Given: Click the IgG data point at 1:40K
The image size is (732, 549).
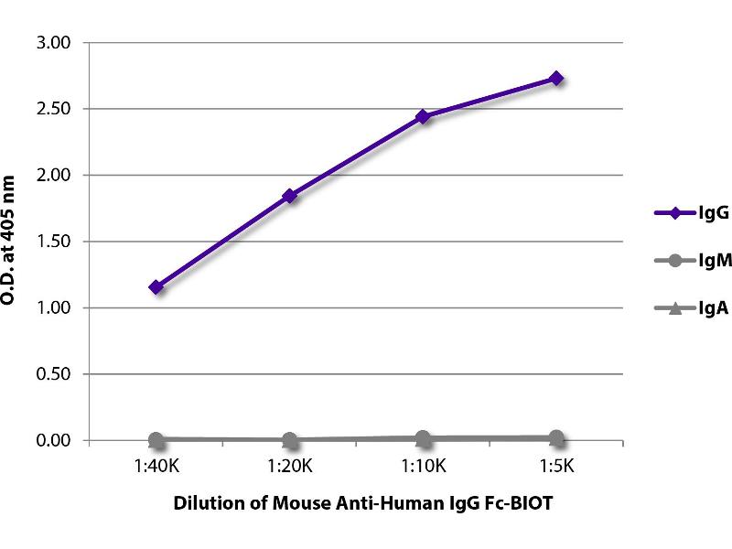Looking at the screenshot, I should [156, 287].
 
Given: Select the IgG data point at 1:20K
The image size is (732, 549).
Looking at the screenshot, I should [290, 196].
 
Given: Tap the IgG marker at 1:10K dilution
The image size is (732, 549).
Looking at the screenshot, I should [423, 116].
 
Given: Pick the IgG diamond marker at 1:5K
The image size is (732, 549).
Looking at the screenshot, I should [556, 79].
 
